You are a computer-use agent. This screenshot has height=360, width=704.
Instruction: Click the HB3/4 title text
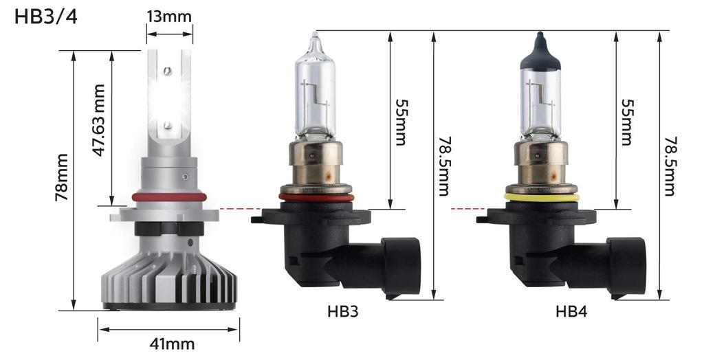tap(45, 16)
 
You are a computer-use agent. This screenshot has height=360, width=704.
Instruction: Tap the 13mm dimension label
tap(168, 15)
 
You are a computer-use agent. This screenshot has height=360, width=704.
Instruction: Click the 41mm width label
tap(172, 343)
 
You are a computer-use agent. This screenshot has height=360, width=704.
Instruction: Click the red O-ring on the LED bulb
tap(168, 197)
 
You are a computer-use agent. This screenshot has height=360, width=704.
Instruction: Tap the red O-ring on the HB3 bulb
tap(316, 198)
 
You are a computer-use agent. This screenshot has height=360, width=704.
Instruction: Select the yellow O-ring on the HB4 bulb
tap(542, 198)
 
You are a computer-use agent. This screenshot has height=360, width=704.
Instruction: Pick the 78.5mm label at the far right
tap(670, 165)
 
